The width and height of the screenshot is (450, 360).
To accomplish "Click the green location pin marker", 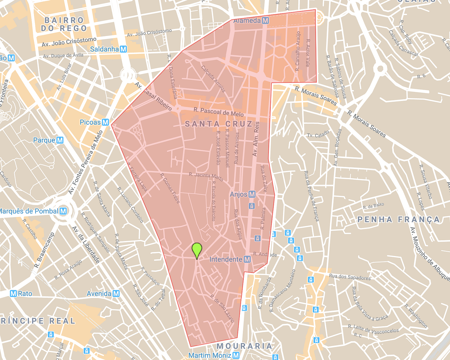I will pyautogui.click(x=197, y=250).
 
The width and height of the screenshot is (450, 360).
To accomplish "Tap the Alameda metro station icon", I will pyautogui.click(x=265, y=21).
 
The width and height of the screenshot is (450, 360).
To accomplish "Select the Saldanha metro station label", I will pyautogui.click(x=104, y=49).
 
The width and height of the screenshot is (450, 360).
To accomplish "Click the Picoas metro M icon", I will pyautogui.click(x=105, y=122).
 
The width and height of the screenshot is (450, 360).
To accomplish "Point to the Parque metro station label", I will pyautogui.click(x=44, y=140).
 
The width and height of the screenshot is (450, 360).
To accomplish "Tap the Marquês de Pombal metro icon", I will pyautogui.click(x=63, y=211).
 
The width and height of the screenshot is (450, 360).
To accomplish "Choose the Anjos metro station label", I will pyautogui.click(x=238, y=194).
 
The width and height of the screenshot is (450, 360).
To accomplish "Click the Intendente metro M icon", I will pyautogui.click(x=247, y=259).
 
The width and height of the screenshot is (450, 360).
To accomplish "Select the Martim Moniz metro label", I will pyautogui.click(x=210, y=355).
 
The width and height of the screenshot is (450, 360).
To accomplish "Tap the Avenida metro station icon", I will pyautogui.click(x=116, y=294).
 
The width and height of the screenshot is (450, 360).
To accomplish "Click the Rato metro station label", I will pyautogui.click(x=25, y=294).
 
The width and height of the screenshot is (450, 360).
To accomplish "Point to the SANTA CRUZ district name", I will pyautogui.click(x=219, y=124).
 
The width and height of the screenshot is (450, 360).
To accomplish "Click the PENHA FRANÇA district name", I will pyautogui.click(x=398, y=219).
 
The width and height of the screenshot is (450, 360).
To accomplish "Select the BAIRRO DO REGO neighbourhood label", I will pyautogui.click(x=64, y=25).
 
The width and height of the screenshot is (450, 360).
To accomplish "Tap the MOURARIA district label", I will pyautogui.click(x=244, y=346).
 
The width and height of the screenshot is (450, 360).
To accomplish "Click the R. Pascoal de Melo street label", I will pyautogui.click(x=219, y=112).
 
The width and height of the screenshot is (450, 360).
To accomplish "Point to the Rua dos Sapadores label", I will pyautogui.click(x=349, y=277).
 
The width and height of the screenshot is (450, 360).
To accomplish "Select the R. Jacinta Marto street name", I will pyautogui.click(x=206, y=176).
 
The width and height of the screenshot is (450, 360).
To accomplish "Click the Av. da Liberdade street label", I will pyautogui.click(x=86, y=245).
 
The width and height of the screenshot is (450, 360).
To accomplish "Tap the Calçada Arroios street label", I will pyautogui.click(x=213, y=79).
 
